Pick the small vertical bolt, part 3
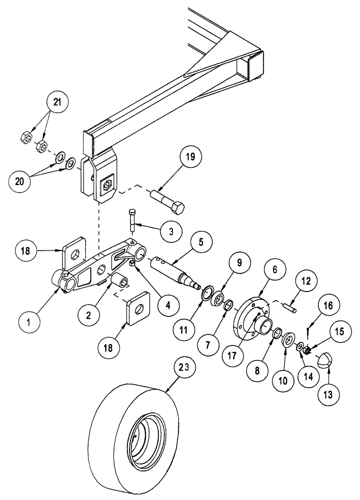tap(132, 220)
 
